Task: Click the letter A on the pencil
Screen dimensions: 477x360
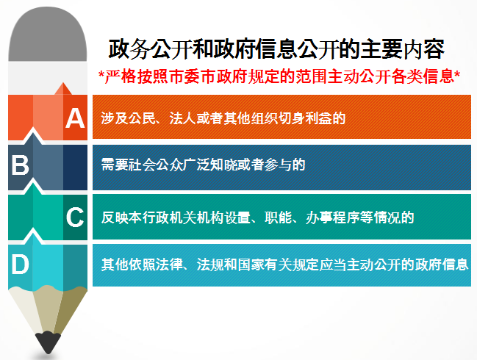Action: tap(75, 118)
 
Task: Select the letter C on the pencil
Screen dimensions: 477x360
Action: tap(75, 217)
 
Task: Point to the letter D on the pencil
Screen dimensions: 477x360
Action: tap(20, 264)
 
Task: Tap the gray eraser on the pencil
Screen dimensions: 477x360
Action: tap(48, 34)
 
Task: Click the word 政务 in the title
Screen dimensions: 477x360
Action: tap(129, 49)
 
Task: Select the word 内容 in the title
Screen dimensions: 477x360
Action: tap(424, 49)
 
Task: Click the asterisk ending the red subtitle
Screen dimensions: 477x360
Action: tap(457, 73)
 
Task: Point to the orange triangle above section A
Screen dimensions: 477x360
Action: tap(63, 89)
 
